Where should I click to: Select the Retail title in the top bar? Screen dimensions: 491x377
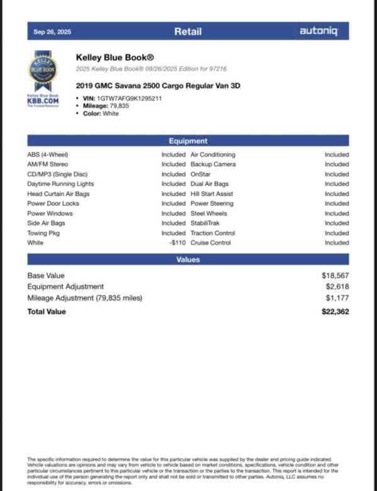pyautogui.click(x=188, y=31)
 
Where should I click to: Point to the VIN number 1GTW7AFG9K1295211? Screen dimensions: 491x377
pyautogui.click(x=130, y=99)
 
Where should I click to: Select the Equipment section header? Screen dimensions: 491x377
pyautogui.click(x=188, y=141)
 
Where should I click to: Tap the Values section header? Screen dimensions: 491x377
pyautogui.click(x=188, y=259)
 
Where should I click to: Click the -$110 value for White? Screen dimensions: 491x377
pyautogui.click(x=177, y=243)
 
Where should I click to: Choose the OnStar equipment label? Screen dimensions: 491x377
pyautogui.click(x=200, y=174)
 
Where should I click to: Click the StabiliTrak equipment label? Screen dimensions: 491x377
pyautogui.click(x=205, y=223)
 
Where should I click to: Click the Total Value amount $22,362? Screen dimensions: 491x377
pyautogui.click(x=334, y=311)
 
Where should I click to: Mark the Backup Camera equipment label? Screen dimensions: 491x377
pyautogui.click(x=213, y=164)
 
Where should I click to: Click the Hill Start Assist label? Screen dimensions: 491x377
pyautogui.click(x=212, y=194)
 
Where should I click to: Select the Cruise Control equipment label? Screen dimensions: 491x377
pyautogui.click(x=212, y=243)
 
